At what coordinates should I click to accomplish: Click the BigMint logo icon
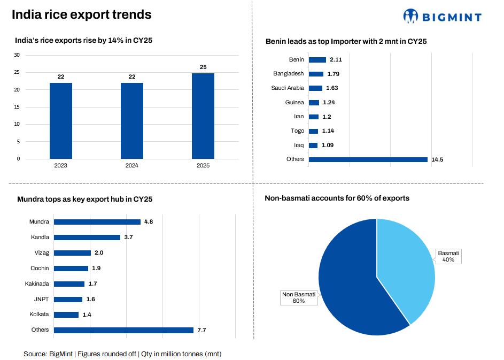410,16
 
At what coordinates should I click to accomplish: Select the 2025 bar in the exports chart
203,116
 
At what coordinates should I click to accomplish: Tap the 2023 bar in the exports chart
61,121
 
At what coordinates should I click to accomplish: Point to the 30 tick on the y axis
17,55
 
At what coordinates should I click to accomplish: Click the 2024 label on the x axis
132,166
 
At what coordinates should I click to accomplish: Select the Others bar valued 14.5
368,159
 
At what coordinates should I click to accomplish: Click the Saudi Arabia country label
288,88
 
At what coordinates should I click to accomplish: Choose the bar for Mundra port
97,222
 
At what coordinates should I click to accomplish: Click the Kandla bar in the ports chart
87,237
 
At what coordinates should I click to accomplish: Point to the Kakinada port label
37,284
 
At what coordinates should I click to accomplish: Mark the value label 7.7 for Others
201,331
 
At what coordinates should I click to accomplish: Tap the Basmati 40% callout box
448,256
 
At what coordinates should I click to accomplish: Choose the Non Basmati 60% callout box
299,297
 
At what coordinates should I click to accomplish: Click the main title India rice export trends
82,15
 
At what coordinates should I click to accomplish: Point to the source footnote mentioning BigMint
122,354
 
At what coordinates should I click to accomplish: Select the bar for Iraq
313,145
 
